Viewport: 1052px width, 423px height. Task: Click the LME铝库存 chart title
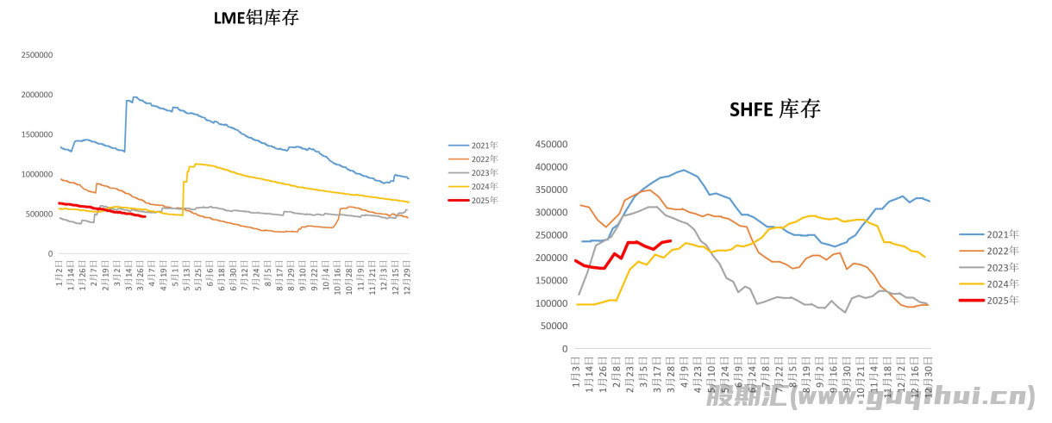[x=256, y=17]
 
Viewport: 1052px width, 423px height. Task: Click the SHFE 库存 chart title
[x=774, y=109]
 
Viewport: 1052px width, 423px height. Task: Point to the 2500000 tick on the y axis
[x=35, y=54]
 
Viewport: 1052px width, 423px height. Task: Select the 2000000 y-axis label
[x=35, y=95]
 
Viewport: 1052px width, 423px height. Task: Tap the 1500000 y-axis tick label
[x=35, y=134]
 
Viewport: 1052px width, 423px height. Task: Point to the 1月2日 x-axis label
[x=59, y=271]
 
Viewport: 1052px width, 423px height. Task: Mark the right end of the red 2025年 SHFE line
[x=671, y=241]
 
